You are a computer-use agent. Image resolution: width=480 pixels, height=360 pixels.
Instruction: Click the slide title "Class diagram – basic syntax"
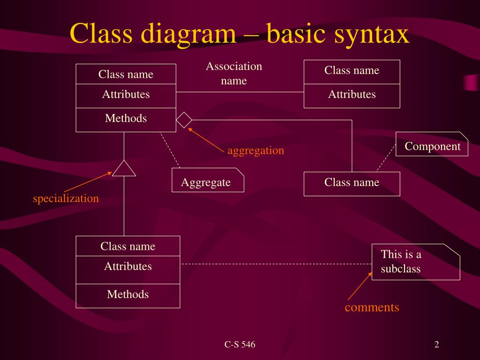pyautogui.click(x=240, y=34)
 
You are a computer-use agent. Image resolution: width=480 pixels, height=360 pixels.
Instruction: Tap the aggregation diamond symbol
pyautogui.click(x=184, y=120)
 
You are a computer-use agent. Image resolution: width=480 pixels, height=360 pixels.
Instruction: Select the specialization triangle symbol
pyautogui.click(x=124, y=169)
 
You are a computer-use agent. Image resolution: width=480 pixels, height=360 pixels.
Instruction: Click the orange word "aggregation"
pyautogui.click(x=255, y=150)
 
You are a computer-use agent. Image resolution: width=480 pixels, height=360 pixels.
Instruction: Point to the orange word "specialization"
pyautogui.click(x=66, y=198)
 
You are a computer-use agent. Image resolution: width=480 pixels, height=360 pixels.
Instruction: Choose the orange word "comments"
pyautogui.click(x=372, y=307)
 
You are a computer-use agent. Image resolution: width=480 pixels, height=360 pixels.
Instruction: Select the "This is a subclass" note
pyautogui.click(x=415, y=262)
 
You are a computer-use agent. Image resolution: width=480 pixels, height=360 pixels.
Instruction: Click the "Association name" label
pyautogui.click(x=234, y=73)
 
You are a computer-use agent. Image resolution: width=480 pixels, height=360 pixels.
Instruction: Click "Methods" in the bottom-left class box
pyautogui.click(x=127, y=295)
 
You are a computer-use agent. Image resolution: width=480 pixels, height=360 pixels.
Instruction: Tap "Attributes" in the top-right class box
pyautogui.click(x=352, y=95)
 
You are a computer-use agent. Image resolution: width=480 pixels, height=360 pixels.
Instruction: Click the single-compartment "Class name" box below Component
pyautogui.click(x=352, y=183)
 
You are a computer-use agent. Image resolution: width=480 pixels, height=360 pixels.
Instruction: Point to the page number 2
pyautogui.click(x=436, y=345)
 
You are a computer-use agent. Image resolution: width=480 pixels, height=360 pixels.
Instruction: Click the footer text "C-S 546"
pyautogui.click(x=240, y=345)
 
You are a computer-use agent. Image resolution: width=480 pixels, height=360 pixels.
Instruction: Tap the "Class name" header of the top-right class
pyautogui.click(x=352, y=71)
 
